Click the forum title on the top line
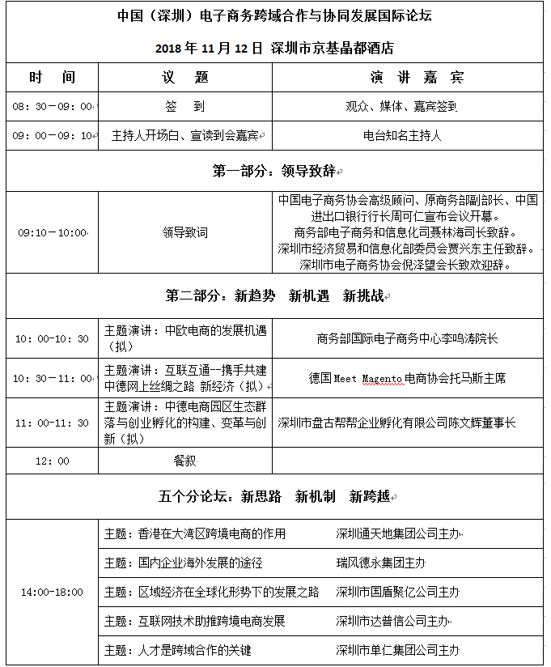(x=275, y=17)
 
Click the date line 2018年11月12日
(x=275, y=48)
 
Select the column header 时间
(x=52, y=78)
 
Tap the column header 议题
(x=185, y=78)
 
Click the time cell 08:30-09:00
(x=52, y=107)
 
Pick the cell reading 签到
(x=185, y=106)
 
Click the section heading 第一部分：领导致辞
(x=275, y=172)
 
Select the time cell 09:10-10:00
(x=52, y=232)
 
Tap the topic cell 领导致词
(x=185, y=232)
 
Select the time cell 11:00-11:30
(x=52, y=423)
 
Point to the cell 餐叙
(x=185, y=461)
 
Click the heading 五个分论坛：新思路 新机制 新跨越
(x=275, y=496)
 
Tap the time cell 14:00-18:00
(x=52, y=593)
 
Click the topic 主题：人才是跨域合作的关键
(x=178, y=650)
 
